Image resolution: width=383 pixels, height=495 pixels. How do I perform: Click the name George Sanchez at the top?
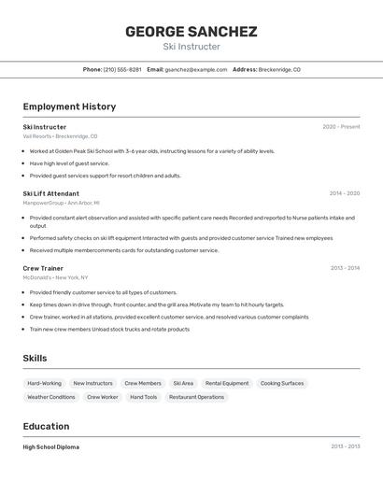coord(191,31)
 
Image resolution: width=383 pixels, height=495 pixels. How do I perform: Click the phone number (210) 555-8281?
coord(122,69)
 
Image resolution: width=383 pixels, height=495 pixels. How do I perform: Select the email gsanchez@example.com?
coord(196,69)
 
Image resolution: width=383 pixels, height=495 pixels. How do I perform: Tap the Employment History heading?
coord(69,106)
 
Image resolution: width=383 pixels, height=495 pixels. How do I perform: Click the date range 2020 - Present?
coord(341,127)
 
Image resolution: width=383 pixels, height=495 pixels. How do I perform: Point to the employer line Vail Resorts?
coord(60,136)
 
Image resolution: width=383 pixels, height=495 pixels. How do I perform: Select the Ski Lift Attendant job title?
coord(50,193)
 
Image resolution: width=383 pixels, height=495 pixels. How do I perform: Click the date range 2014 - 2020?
coord(344,193)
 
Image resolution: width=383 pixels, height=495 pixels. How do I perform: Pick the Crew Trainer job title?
coord(43,268)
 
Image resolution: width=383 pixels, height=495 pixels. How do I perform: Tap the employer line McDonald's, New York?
coord(55,277)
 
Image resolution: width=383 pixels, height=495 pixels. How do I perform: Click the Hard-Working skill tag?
coord(44,383)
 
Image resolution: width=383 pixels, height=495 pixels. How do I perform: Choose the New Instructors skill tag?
coord(92,383)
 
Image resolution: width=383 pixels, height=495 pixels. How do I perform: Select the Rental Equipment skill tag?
coord(227,383)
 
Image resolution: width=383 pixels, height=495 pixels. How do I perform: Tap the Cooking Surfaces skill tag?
coord(282,383)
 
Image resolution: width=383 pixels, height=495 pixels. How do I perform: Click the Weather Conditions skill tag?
coord(50,397)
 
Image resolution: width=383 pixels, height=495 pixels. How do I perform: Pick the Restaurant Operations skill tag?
coord(196,397)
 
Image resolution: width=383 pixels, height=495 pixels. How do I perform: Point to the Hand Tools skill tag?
coord(144,397)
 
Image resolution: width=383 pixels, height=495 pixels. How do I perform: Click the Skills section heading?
coord(35,359)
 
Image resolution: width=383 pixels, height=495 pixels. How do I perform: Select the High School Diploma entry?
coord(50,447)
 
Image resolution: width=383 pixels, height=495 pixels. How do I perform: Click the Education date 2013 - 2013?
coord(345,447)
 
